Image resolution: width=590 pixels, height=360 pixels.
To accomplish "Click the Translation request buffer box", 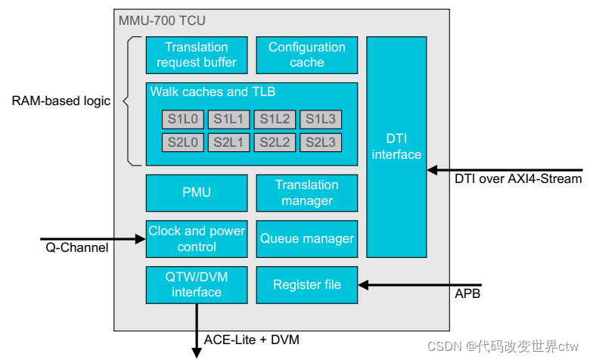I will [x=197, y=55].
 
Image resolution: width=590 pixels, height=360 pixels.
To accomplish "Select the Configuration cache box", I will [x=306, y=55].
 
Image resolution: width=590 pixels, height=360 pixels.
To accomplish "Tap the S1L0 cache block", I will [x=182, y=119].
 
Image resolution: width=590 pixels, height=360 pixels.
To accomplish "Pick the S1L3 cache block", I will [x=321, y=119].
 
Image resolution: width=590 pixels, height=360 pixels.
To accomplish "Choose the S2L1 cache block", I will [x=228, y=142].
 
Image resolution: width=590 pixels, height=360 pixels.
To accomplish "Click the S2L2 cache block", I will [x=275, y=142].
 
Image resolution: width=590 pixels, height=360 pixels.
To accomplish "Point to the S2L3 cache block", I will [x=321, y=142].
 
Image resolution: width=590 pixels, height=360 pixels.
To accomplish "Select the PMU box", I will [x=197, y=193].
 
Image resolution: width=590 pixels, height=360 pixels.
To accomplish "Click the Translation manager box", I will [x=306, y=193].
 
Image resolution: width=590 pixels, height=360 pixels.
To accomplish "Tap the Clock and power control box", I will [x=197, y=239].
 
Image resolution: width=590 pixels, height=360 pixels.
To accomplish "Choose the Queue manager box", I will [x=306, y=239].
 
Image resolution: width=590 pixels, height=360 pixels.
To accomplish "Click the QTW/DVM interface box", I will [x=197, y=284].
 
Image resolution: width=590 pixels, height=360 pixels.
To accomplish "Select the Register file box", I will [x=306, y=284].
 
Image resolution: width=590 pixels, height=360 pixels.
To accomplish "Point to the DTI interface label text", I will [x=396, y=147].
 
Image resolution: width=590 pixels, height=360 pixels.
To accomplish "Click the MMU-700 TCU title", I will [x=162, y=20].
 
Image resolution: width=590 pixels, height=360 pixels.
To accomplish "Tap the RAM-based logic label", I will [x=61, y=101].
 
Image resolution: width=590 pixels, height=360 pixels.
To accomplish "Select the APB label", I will [x=467, y=293].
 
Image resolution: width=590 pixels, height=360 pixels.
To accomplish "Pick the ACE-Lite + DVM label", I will [x=252, y=340].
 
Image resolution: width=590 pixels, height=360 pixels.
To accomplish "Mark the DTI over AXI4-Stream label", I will [x=518, y=179].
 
